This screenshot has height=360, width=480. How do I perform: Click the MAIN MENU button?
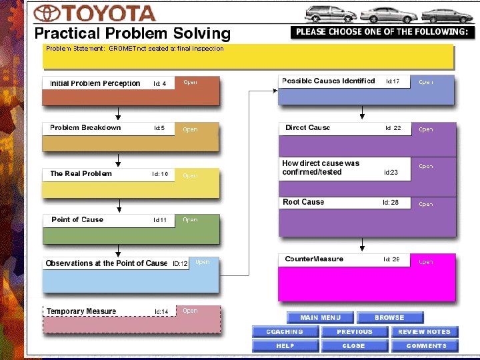pyautogui.click(x=321, y=318)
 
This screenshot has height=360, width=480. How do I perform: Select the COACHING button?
pyautogui.click(x=285, y=331)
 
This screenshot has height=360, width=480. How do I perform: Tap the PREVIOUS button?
pyautogui.click(x=354, y=331)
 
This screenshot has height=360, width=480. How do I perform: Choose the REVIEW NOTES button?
pyautogui.click(x=424, y=331)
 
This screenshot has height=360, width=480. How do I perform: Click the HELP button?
pyautogui.click(x=285, y=346)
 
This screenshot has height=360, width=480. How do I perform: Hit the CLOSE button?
pyautogui.click(x=354, y=346)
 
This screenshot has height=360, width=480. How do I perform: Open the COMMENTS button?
pyautogui.click(x=424, y=346)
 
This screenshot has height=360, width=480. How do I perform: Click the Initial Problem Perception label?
pyautogui.click(x=95, y=83)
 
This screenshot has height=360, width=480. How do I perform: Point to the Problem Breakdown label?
pyautogui.click(x=85, y=127)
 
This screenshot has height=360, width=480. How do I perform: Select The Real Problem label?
pyautogui.click(x=81, y=173)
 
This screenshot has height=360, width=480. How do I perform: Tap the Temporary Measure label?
pyautogui.click(x=81, y=311)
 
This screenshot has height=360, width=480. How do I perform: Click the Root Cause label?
pyautogui.click(x=303, y=202)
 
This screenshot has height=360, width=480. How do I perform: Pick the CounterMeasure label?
pyautogui.click(x=314, y=259)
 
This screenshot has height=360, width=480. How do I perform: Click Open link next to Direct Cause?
pyautogui.click(x=426, y=129)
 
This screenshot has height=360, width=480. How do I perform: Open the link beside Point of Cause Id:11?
pyautogui.click(x=190, y=219)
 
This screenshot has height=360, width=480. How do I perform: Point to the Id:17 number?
pyautogui.click(x=393, y=81)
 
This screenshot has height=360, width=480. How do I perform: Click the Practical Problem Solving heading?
pyautogui.click(x=132, y=33)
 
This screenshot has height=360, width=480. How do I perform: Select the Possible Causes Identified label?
pyautogui.click(x=328, y=81)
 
